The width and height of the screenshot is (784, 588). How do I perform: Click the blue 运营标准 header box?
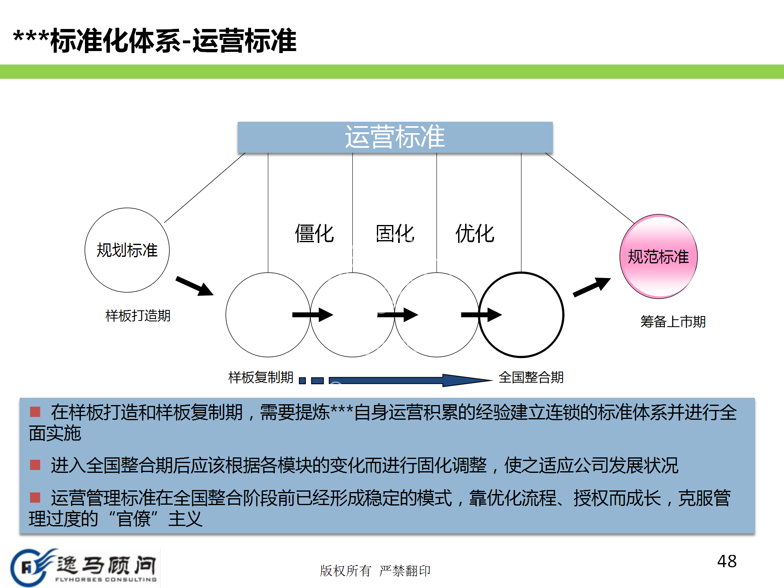[395, 137]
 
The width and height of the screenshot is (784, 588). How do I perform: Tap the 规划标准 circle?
[127, 250]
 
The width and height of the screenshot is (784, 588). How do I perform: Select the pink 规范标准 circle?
[658, 256]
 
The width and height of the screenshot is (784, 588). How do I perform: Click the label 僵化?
[314, 234]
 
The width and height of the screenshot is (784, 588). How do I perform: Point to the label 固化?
[395, 234]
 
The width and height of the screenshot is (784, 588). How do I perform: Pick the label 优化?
[475, 234]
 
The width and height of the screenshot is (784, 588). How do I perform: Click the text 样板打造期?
[138, 316]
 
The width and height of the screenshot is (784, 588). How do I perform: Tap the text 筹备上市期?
[673, 322]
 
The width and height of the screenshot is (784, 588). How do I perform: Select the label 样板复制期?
[261, 377]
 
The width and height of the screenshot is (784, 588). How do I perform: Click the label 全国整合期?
[531, 377]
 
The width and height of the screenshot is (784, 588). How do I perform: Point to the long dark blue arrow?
[408, 381]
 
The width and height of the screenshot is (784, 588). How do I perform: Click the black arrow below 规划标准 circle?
[194, 286]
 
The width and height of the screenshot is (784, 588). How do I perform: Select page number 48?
[727, 561]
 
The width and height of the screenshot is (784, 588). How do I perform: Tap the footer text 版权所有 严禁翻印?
[375, 570]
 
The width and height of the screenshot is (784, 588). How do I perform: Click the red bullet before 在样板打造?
[35, 412]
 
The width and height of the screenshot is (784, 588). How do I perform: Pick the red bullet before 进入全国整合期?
[35, 465]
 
